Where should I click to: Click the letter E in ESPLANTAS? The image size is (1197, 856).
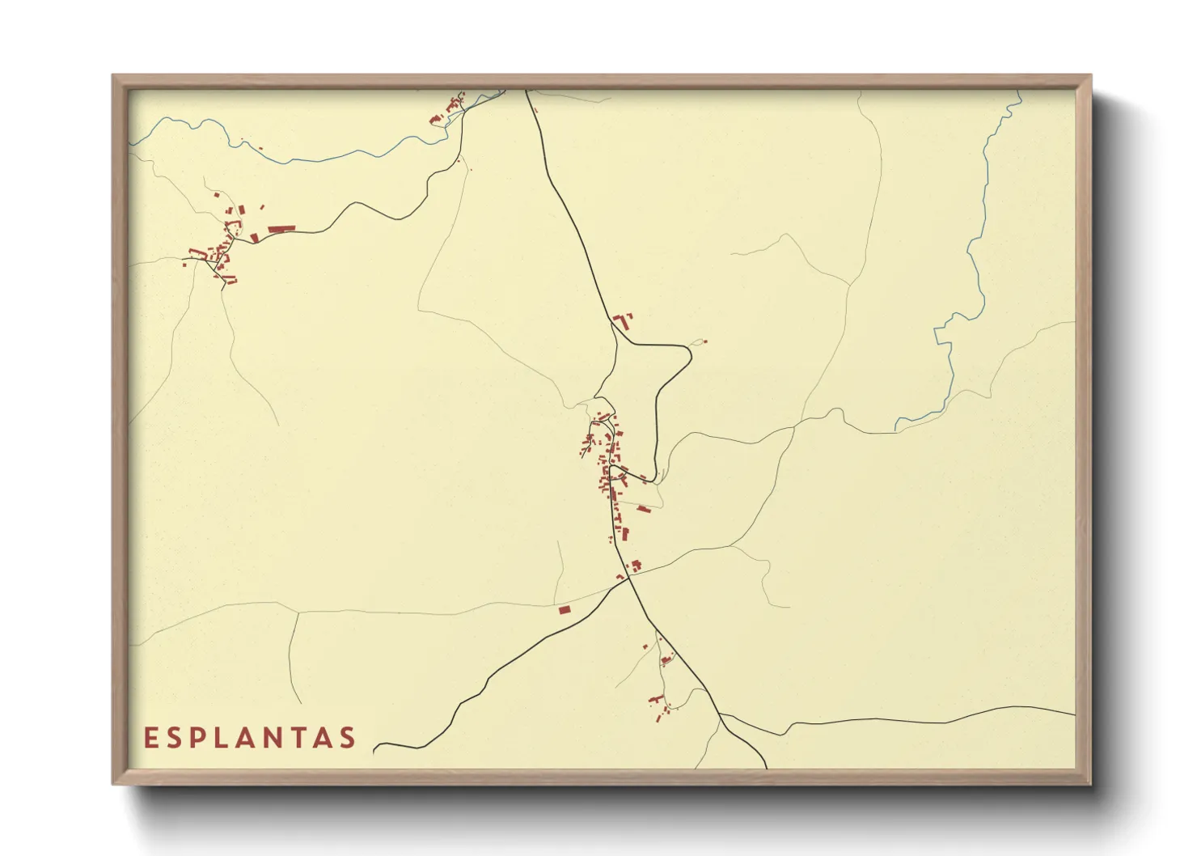click(x=150, y=738)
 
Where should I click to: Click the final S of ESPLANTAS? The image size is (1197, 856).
click(x=349, y=738)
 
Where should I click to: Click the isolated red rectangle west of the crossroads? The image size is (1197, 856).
click(x=565, y=609)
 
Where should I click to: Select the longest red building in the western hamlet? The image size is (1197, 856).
click(x=280, y=230)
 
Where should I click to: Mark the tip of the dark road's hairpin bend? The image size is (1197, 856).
click(x=690, y=350)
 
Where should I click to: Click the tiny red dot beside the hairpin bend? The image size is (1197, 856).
click(x=703, y=342)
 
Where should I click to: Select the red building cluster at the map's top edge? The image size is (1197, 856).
click(x=450, y=111)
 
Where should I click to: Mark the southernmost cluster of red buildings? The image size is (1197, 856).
click(x=660, y=706)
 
